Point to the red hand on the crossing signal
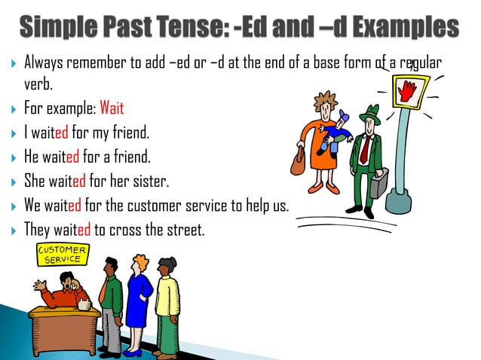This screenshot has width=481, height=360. click(x=409, y=92)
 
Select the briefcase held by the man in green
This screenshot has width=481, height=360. click(x=379, y=182)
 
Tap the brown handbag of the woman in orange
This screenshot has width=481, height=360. click(x=299, y=159)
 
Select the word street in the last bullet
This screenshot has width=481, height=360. click(x=185, y=230)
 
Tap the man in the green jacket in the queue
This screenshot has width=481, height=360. click(x=110, y=301)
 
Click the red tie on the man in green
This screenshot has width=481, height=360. click(x=364, y=149)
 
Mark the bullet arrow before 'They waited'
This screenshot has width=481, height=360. click(x=14, y=230)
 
